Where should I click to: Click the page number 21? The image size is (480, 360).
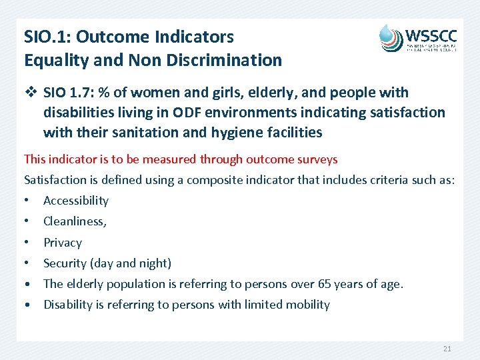(446, 349)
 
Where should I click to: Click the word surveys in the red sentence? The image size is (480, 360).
(315, 159)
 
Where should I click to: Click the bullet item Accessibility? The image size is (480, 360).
(75, 201)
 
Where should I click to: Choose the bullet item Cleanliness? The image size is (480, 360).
(75, 221)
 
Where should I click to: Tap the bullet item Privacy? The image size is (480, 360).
(63, 243)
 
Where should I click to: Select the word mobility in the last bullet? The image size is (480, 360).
(307, 305)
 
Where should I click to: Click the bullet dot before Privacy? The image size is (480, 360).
(27, 243)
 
